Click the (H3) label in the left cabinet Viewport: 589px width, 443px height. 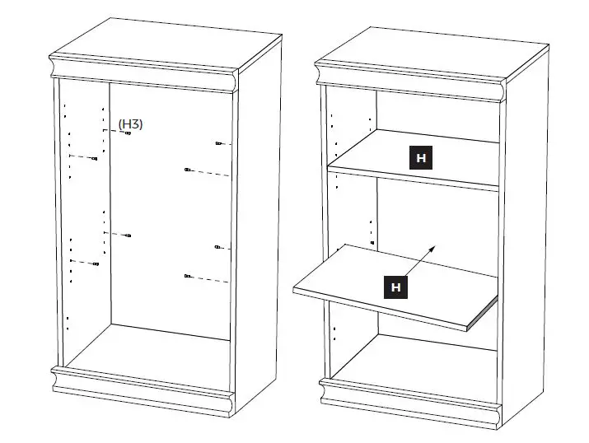[x=130, y=124]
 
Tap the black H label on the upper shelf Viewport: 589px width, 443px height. [x=421, y=158]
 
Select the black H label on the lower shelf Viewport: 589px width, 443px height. [x=396, y=287]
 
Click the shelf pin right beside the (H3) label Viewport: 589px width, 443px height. [x=127, y=133]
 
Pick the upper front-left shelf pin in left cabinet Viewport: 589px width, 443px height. [x=95, y=159]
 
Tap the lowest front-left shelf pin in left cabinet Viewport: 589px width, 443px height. [x=96, y=264]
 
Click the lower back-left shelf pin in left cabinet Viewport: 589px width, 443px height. [x=128, y=236]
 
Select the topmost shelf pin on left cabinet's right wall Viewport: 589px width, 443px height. [x=217, y=143]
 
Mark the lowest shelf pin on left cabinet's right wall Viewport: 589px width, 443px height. [x=189, y=276]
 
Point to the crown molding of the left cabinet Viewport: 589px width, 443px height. [x=144, y=73]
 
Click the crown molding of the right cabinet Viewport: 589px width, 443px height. [x=412, y=82]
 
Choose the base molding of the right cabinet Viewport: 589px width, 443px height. [x=412, y=397]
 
